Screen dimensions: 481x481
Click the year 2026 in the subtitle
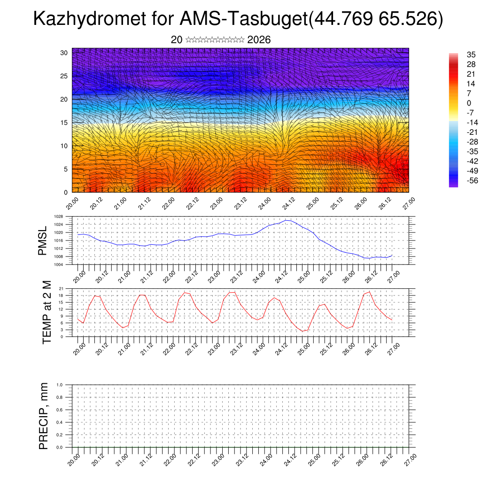(259, 40)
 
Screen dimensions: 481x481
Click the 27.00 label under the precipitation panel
(410, 458)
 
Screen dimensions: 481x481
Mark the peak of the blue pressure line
(287, 220)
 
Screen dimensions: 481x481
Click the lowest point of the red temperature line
(303, 331)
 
